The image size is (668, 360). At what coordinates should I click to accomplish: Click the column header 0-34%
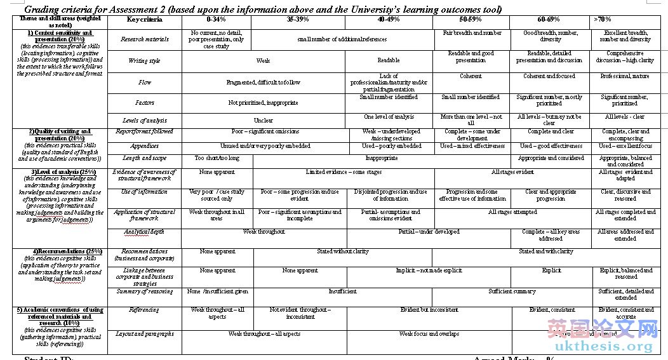point(217,20)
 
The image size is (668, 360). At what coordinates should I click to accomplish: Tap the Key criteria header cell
point(145,20)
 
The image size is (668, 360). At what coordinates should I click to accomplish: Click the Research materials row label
point(145,39)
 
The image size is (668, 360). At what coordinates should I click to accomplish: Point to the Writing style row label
point(145,61)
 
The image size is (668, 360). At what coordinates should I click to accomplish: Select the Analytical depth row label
point(145,232)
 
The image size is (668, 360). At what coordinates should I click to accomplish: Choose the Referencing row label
point(145,310)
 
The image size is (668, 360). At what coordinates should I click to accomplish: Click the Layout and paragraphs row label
point(145,334)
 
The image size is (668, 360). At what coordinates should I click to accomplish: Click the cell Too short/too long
point(217,158)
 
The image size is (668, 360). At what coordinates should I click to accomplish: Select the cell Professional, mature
point(625,76)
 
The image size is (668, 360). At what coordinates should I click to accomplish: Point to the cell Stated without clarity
point(343,251)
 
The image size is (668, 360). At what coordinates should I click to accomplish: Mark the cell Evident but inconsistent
point(429,310)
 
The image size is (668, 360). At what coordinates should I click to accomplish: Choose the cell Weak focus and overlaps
point(429,334)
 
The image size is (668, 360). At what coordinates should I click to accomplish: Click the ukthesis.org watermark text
point(603,346)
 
